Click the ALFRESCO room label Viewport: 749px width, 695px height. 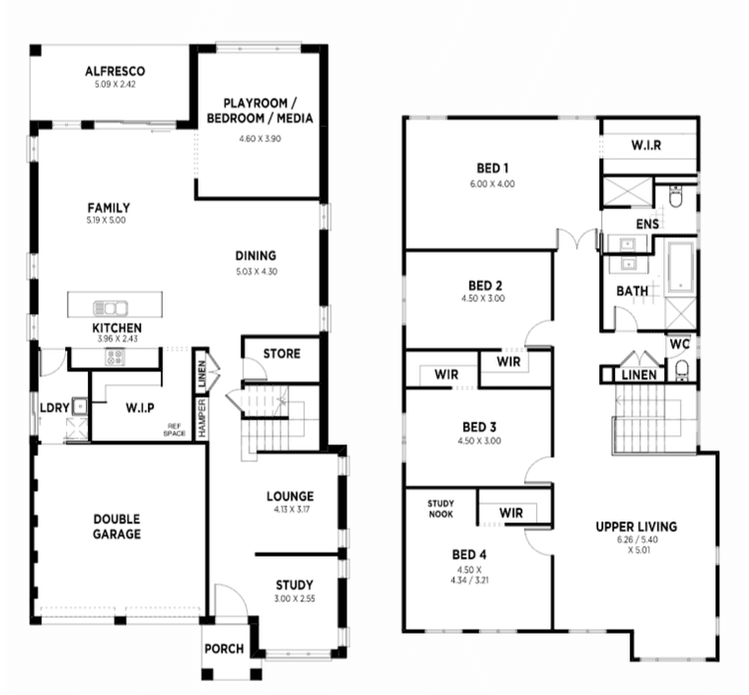pyautogui.click(x=115, y=71)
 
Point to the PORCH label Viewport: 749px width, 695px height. pyautogui.click(x=224, y=649)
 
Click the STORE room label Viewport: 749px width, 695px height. pyautogui.click(x=282, y=354)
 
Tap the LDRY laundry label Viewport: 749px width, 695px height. pyautogui.click(x=53, y=407)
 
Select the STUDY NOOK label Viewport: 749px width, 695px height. pyautogui.click(x=440, y=508)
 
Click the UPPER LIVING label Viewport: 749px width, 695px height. pyautogui.click(x=636, y=526)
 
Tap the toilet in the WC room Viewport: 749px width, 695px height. pyautogui.click(x=681, y=371)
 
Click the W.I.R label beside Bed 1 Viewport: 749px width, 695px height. pyautogui.click(x=646, y=145)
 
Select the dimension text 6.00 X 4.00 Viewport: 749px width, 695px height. pyautogui.click(x=492, y=185)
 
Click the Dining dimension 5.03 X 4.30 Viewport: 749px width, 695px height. pyautogui.click(x=256, y=271)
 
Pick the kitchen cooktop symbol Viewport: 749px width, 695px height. pyautogui.click(x=113, y=356)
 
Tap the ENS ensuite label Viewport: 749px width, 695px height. pyautogui.click(x=647, y=224)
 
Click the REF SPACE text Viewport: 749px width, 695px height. pyautogui.click(x=177, y=431)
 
